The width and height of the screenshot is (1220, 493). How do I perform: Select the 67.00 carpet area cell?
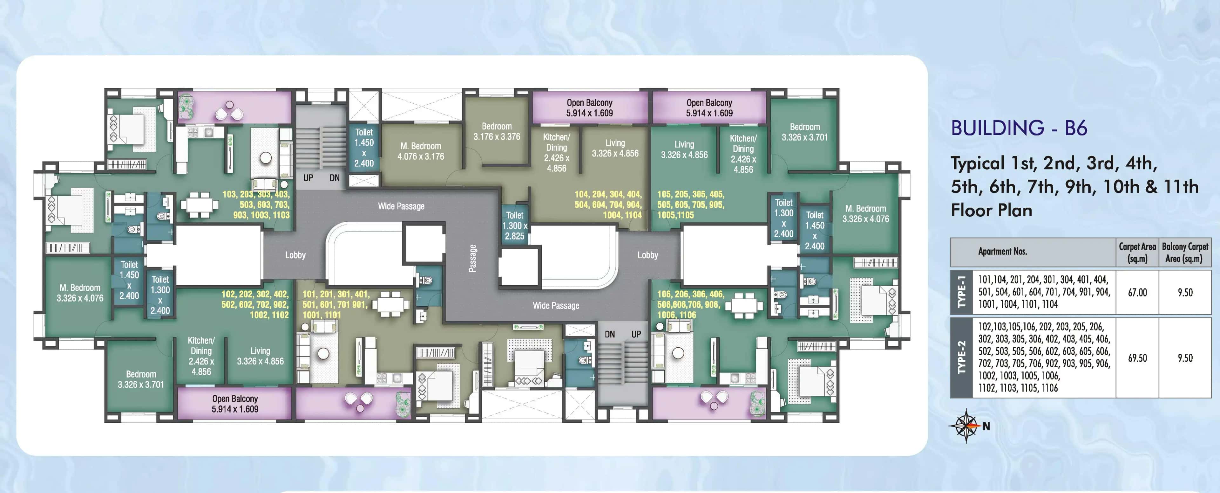coord(1137,293)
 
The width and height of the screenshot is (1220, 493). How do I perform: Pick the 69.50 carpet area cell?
coord(1137,358)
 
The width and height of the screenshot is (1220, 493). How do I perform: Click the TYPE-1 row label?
coord(961,293)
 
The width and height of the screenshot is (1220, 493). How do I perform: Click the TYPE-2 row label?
coord(961,358)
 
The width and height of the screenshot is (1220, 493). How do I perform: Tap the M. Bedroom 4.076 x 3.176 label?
coord(421,151)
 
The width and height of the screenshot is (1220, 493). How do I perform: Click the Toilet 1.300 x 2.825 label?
coord(514,226)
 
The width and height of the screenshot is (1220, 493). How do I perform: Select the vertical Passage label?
coord(472,258)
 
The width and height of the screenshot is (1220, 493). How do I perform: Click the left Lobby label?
coord(295,255)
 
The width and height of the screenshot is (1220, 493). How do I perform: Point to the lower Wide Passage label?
coord(556,306)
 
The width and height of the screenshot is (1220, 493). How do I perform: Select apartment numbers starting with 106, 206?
coord(690,304)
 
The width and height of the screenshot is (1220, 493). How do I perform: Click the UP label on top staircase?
coord(308,178)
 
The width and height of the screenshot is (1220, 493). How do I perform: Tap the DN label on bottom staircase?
coord(610,334)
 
